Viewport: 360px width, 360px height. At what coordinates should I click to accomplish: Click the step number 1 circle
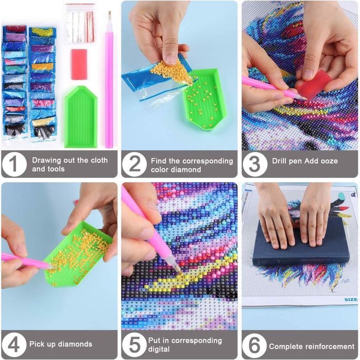[14, 164]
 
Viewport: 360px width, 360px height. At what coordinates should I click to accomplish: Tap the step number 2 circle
[134, 164]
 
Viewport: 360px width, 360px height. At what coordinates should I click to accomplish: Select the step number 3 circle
[254, 164]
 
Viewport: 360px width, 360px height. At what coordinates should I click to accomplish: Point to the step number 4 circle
[14, 345]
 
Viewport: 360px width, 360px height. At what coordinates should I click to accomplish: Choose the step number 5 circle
[134, 345]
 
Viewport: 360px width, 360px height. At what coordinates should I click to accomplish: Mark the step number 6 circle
[254, 345]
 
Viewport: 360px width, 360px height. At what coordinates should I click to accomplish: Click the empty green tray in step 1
[81, 116]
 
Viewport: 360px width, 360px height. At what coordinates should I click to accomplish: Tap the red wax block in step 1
[79, 64]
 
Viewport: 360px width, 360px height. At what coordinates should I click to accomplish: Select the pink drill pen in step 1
[109, 79]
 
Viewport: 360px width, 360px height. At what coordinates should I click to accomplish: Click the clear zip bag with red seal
[80, 23]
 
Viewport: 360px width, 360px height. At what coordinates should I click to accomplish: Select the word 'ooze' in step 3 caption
[329, 161]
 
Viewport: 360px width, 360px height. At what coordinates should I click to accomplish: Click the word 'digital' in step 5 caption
[159, 349]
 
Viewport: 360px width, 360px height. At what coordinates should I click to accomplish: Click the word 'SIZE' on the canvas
[351, 299]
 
